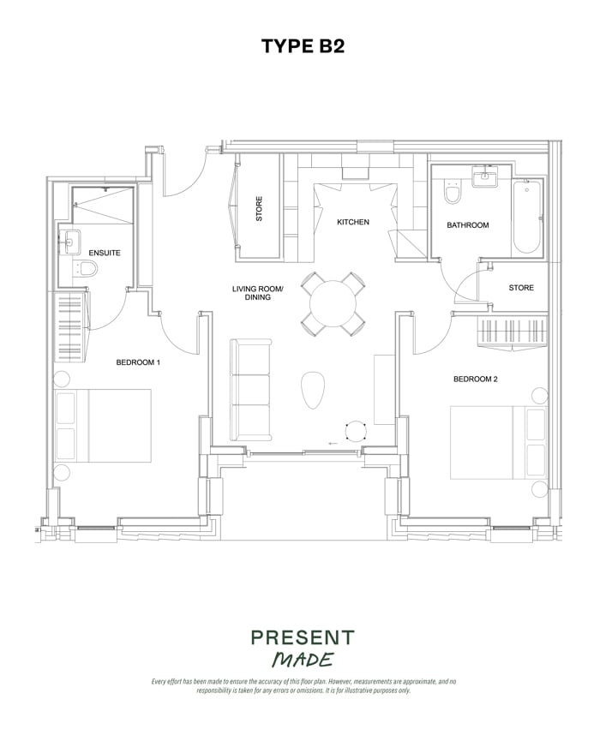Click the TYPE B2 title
click(303, 46)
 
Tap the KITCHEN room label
click(352, 223)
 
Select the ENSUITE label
click(105, 254)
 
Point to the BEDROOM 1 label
click(138, 362)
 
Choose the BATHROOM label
click(467, 225)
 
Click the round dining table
click(333, 303)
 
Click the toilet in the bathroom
click(453, 195)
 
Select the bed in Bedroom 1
click(103, 426)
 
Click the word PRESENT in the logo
click(302, 638)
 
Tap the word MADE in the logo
click(302, 660)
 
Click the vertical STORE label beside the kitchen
click(259, 210)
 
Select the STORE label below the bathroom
click(520, 288)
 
